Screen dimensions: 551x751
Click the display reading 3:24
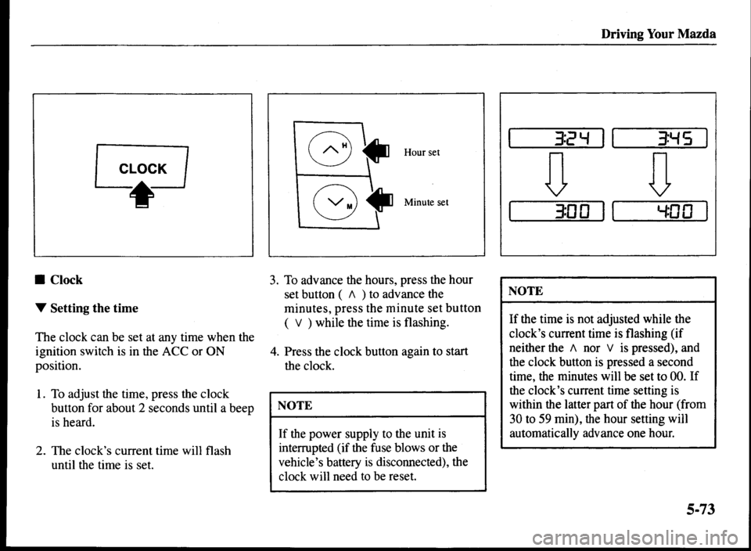[x=557, y=142]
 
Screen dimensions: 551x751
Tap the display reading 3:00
[x=557, y=211]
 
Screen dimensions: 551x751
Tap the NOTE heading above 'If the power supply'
[x=295, y=405]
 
